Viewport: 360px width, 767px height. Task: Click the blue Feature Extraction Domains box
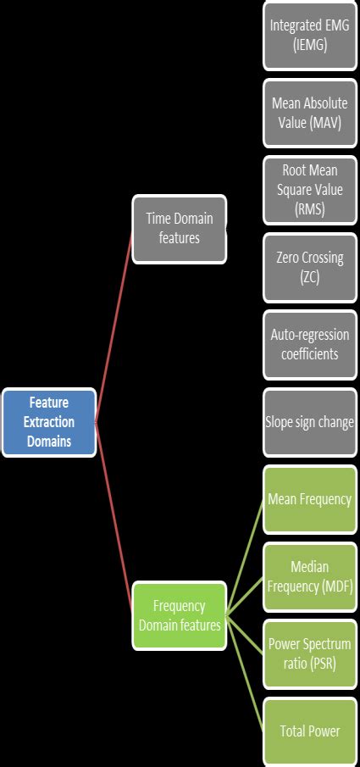click(48, 422)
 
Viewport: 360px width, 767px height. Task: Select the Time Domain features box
click(179, 229)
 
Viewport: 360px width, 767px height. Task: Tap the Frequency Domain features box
click(179, 615)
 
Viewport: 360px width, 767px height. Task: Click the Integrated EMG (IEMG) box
click(309, 35)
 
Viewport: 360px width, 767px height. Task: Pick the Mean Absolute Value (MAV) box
click(309, 112)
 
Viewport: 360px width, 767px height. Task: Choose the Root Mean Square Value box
click(309, 189)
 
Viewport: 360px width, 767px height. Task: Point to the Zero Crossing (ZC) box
click(309, 267)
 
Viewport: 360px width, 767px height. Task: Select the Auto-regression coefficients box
click(309, 344)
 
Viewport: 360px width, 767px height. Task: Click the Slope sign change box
click(309, 421)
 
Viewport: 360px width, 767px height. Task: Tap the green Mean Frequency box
click(309, 499)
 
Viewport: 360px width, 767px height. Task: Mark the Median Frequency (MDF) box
click(309, 576)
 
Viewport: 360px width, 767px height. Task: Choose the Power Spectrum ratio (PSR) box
click(309, 653)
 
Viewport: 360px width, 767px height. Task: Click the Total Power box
click(309, 731)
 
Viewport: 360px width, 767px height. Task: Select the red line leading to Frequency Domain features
click(114, 517)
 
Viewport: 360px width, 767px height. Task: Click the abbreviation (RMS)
click(309, 209)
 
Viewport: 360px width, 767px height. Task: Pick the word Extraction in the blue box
click(48, 422)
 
